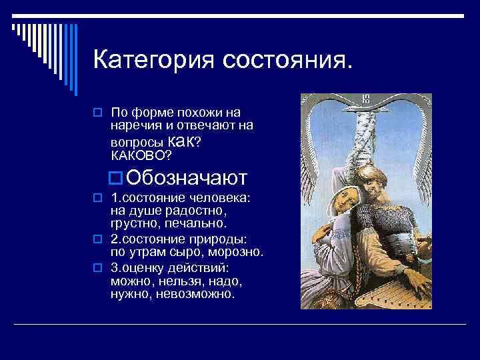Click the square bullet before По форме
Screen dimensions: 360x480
click(x=97, y=111)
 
